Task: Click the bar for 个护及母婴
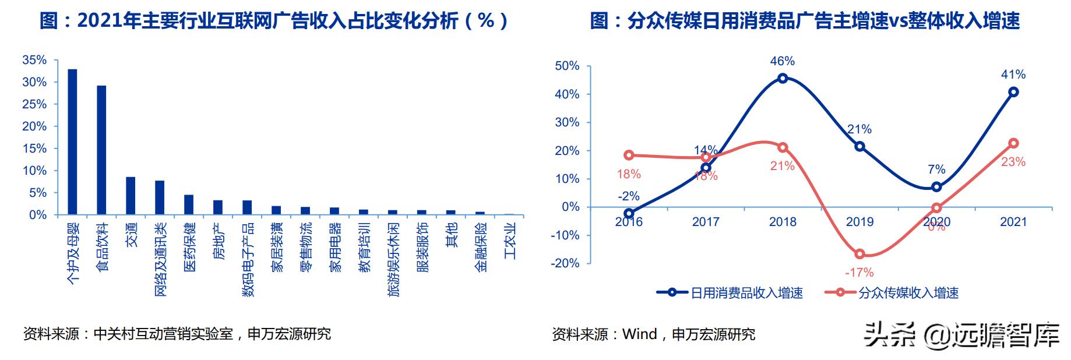tap(72, 142)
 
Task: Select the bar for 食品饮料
tap(101, 150)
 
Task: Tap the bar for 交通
tap(131, 196)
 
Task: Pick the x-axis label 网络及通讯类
tap(160, 259)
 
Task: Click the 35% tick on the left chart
tap(34, 60)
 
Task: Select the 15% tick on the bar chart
tap(34, 149)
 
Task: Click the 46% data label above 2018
tap(782, 61)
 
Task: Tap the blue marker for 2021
tap(1013, 92)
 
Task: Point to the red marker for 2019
tap(859, 254)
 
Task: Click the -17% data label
tap(859, 272)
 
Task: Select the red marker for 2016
tap(629, 155)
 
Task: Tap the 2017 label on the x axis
tap(705, 222)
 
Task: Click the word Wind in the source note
tap(639, 334)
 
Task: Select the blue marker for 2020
tap(936, 187)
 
